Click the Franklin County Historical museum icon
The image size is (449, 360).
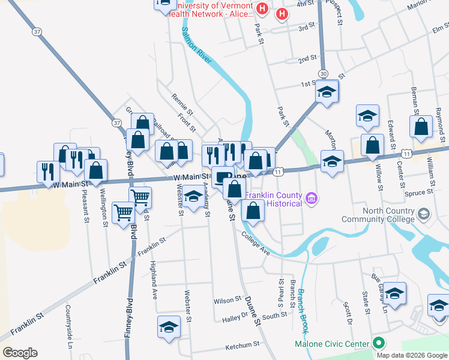click(x=311, y=197)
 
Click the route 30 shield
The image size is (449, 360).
click(x=324, y=73)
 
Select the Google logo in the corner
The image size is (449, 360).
click(x=20, y=353)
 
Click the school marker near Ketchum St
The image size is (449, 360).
click(x=169, y=328)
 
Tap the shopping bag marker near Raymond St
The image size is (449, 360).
click(x=421, y=127)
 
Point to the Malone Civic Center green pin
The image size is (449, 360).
click(x=378, y=344)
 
